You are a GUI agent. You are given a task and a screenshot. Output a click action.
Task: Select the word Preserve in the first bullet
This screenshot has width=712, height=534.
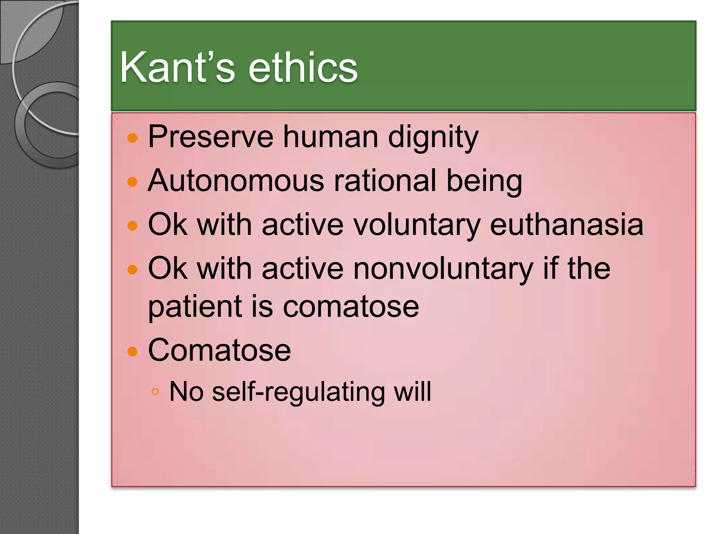210,137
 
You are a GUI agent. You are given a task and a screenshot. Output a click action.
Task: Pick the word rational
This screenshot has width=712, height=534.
385,181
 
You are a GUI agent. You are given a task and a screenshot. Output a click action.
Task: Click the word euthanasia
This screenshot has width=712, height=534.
566,225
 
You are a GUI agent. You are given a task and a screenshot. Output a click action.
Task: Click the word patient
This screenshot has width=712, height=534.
195,307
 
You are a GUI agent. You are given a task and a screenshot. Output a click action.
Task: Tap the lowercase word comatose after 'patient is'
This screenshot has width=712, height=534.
351,307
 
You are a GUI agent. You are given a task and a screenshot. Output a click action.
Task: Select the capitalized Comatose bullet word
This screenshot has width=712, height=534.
219,350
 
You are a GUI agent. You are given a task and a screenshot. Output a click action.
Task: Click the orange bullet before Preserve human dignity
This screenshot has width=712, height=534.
132,138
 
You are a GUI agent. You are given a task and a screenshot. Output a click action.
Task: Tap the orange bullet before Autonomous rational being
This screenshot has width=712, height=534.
132,182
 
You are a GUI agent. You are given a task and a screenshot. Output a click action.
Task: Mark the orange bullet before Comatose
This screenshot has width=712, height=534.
132,351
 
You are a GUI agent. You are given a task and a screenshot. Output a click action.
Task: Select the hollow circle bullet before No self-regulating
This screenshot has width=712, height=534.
155,392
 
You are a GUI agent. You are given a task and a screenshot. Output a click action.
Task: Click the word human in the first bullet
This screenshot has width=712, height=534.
331,137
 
